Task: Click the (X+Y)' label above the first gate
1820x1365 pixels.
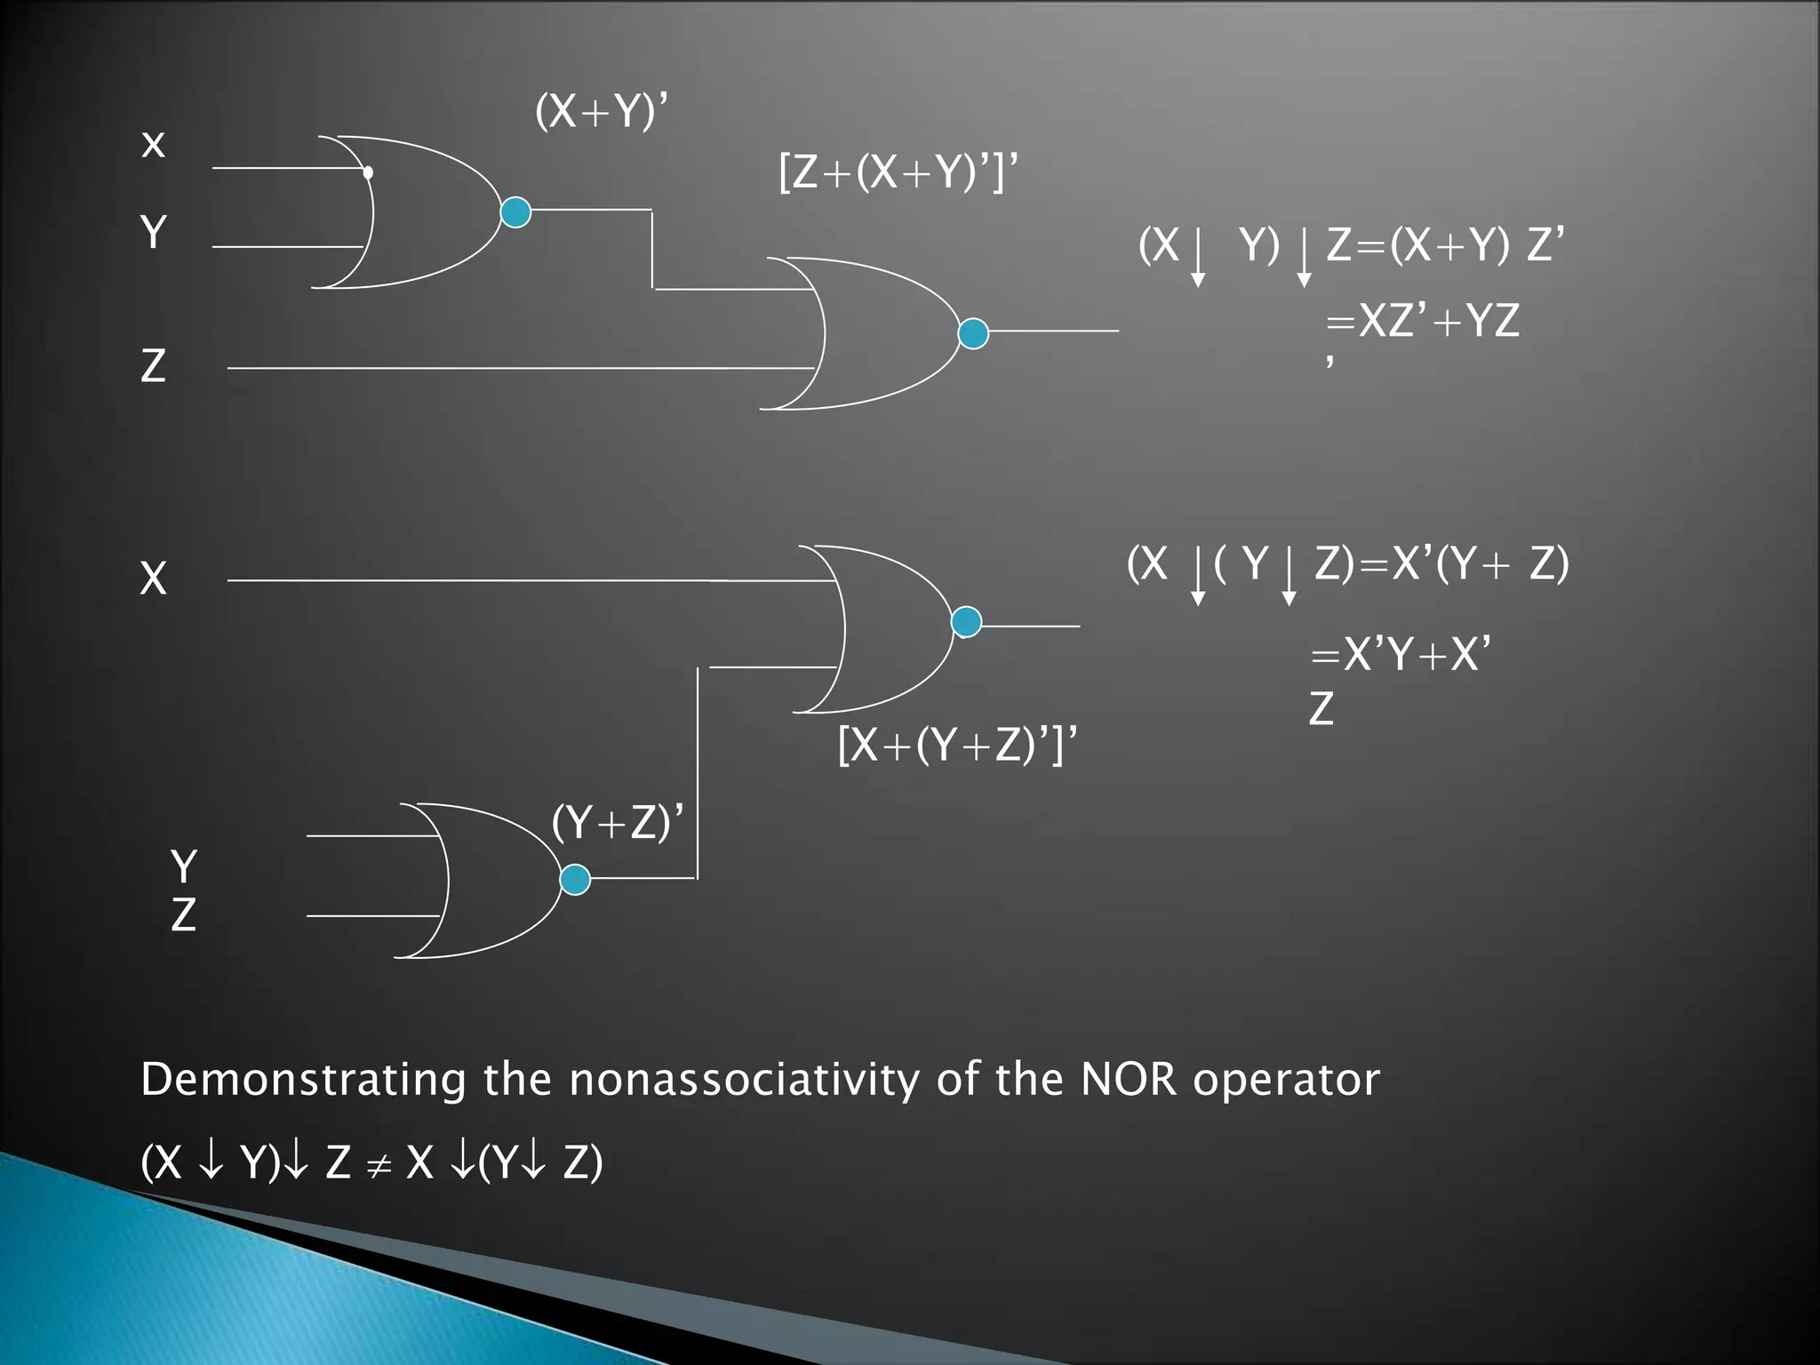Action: click(602, 112)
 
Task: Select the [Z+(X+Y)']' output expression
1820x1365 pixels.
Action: click(898, 172)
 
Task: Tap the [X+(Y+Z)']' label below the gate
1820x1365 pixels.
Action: click(957, 744)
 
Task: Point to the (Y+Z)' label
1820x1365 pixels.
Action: click(618, 822)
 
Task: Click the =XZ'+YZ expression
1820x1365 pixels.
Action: click(1422, 320)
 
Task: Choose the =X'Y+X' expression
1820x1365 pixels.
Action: click(1401, 654)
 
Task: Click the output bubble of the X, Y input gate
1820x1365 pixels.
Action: click(515, 212)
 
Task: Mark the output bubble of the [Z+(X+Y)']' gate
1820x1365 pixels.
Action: click(973, 333)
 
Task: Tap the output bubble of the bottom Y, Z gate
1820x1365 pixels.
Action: click(575, 879)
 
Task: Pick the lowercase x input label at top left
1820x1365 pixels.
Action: click(153, 144)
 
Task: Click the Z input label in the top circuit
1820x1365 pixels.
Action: click(153, 365)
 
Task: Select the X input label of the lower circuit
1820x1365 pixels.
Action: click(153, 579)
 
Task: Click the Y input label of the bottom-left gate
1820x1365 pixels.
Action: click(184, 866)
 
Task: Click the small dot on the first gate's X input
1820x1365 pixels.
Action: click(368, 172)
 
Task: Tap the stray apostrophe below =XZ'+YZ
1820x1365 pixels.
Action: click(1329, 362)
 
